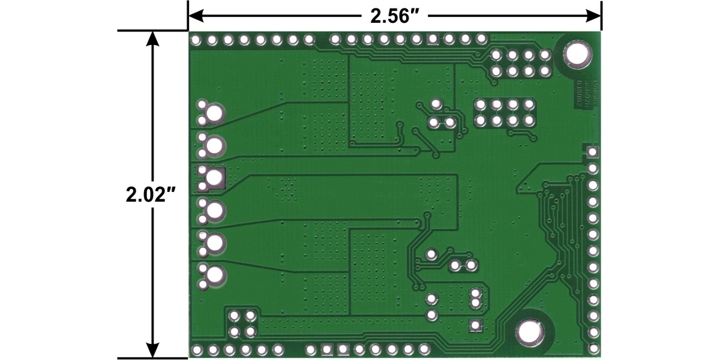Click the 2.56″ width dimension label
click(x=394, y=16)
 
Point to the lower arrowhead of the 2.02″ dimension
click(x=153, y=351)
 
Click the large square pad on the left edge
click(x=214, y=177)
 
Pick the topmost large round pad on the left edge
click(x=214, y=112)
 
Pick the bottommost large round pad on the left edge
click(x=214, y=275)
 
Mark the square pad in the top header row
click(x=432, y=40)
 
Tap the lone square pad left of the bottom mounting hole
click(x=475, y=326)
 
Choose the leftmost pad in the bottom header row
click(x=196, y=349)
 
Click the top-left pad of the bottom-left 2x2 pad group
click(x=235, y=315)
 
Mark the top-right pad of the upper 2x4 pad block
click(x=545, y=56)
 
